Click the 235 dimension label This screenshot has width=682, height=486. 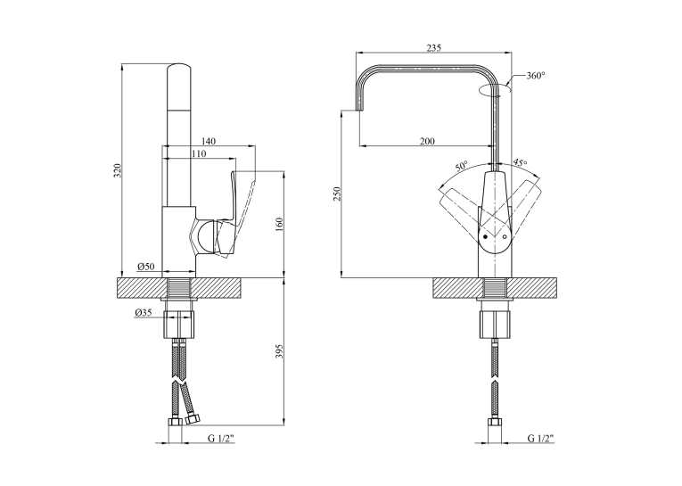click(x=433, y=48)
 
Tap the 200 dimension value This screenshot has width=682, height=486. click(x=427, y=142)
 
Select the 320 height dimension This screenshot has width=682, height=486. click(x=117, y=170)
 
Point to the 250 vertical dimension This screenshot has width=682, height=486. click(x=337, y=194)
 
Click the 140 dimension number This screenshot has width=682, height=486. click(x=209, y=142)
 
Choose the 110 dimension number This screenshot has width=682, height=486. click(x=198, y=153)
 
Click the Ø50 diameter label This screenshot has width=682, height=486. click(x=145, y=267)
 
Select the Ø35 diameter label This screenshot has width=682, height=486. click(x=144, y=312)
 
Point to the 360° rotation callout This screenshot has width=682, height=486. click(x=536, y=76)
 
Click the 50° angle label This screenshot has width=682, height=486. click(x=461, y=166)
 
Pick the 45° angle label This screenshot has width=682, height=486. click(x=520, y=162)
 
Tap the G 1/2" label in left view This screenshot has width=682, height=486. click(x=220, y=438)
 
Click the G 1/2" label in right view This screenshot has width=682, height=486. click(x=540, y=438)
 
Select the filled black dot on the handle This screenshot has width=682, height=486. click(x=485, y=236)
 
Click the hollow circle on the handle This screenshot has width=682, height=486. click(x=505, y=236)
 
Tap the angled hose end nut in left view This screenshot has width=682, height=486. click(x=192, y=419)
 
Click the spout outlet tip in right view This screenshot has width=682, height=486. click(x=359, y=110)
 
